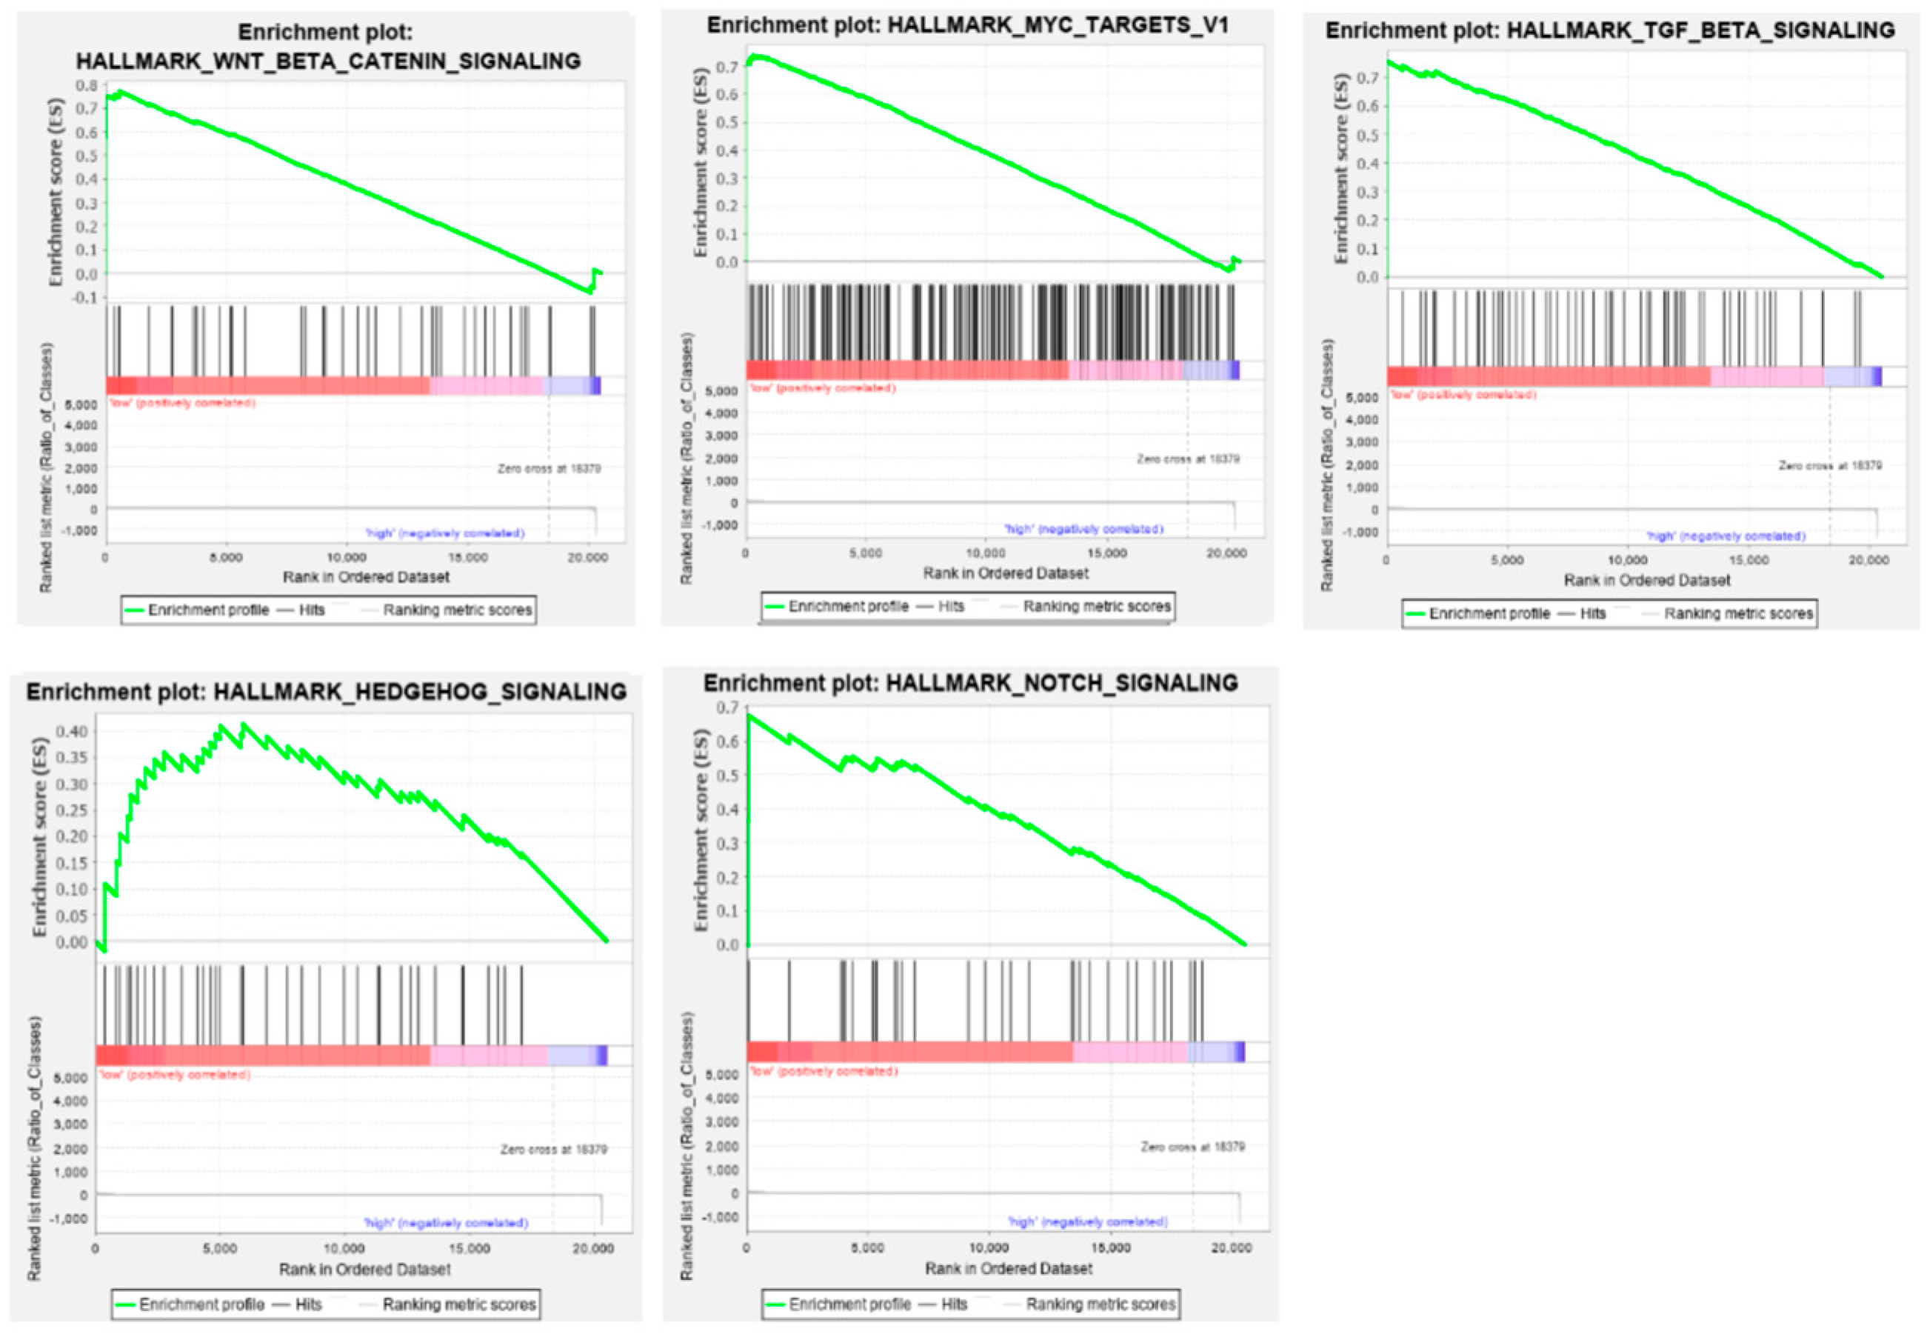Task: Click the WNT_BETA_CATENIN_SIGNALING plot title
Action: pos(327,61)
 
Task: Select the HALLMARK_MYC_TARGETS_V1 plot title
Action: pos(967,25)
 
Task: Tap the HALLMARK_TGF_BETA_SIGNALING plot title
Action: pos(1610,31)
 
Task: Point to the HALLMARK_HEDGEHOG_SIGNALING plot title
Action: pos(326,692)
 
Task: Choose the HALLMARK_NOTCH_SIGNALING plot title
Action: pos(970,684)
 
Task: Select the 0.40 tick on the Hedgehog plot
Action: pos(71,731)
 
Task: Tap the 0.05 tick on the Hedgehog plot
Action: pos(71,915)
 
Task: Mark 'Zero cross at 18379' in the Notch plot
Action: pos(1192,1147)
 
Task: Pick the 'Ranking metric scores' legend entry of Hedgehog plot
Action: pos(458,1304)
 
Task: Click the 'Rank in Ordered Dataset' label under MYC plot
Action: pos(1006,573)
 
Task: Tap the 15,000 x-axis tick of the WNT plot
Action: pos(467,559)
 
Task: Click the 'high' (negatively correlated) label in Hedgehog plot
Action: pos(446,1223)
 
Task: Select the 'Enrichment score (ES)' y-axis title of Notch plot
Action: pos(700,830)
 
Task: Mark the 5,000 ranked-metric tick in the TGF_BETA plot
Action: pos(1361,397)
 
